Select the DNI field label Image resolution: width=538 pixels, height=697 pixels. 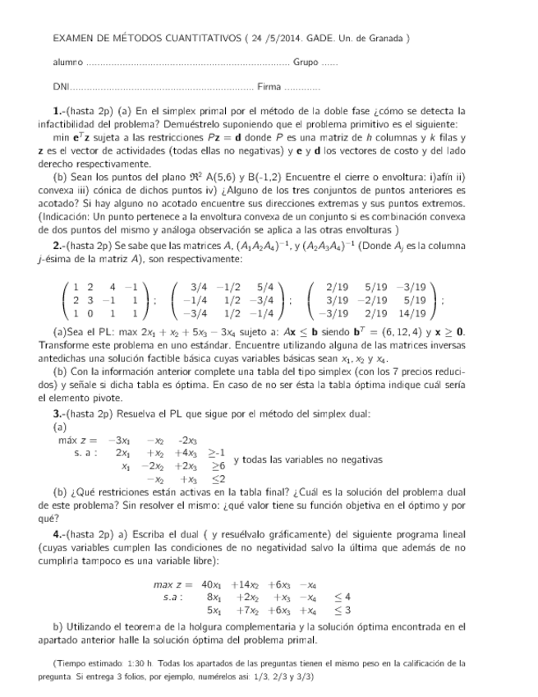(x=60, y=86)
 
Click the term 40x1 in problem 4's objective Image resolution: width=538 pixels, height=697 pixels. (x=212, y=584)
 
